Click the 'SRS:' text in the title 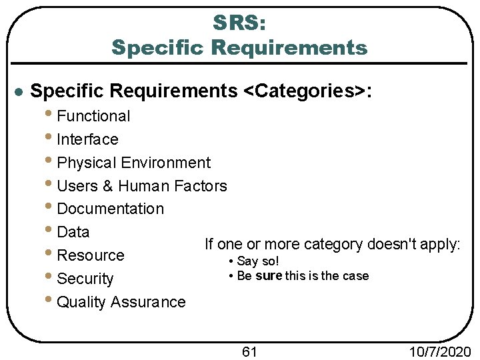point(239,23)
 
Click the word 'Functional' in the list point(93,116)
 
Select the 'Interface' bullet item point(87,139)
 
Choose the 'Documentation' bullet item point(110,209)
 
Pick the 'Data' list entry point(73,232)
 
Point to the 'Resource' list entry point(91,255)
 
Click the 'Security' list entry point(85,279)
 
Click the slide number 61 point(249,351)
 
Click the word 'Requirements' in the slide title point(290,48)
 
